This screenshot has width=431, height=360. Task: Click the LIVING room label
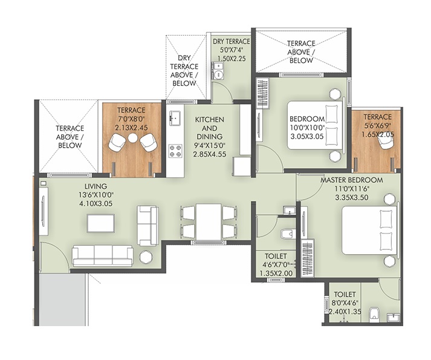pos(96,186)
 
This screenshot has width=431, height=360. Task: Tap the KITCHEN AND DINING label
pos(209,128)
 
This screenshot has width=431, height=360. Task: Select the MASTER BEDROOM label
pos(352,180)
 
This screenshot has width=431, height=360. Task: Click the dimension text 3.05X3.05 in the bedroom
pos(306,137)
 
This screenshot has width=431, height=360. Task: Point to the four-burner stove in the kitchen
pos(175,151)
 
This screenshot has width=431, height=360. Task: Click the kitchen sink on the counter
pos(175,116)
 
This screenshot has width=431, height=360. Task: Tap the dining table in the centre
pos(209,221)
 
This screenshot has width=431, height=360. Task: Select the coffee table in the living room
pos(101,223)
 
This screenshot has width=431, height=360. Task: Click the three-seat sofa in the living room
pos(103,257)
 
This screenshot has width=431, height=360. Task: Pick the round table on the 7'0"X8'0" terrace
pos(133,138)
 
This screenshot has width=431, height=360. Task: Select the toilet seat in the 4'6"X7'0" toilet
pos(288,234)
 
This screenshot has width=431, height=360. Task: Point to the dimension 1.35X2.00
pos(276,273)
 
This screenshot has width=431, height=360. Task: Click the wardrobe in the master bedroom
pos(308,258)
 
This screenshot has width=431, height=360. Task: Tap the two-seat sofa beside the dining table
pos(148,226)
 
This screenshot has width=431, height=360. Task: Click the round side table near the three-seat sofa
pos(145,257)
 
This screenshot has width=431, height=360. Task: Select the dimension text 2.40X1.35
pos(345,312)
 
